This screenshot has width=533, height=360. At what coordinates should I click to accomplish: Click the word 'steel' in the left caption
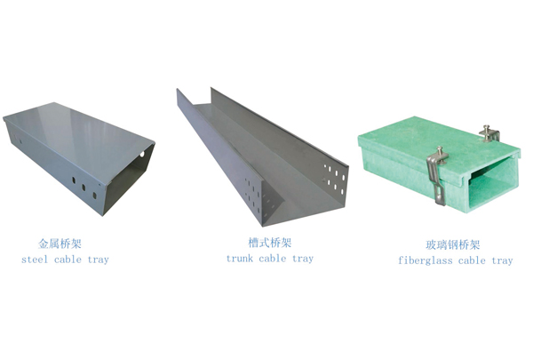click(x=35, y=260)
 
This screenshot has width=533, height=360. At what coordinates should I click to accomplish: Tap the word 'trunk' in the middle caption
click(x=240, y=259)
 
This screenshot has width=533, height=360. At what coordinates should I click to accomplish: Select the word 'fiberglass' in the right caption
click(x=425, y=260)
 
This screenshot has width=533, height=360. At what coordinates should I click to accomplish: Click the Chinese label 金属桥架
click(x=60, y=244)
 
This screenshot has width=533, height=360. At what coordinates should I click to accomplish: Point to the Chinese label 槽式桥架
click(x=269, y=243)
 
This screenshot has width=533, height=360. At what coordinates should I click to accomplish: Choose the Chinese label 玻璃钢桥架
click(x=452, y=244)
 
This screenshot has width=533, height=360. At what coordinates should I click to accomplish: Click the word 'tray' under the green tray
click(x=502, y=261)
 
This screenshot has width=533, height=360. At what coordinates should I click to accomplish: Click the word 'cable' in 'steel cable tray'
click(x=68, y=260)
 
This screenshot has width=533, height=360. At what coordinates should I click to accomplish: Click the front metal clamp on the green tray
click(x=437, y=175)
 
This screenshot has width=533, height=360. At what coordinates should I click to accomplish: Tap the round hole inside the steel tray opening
click(x=142, y=154)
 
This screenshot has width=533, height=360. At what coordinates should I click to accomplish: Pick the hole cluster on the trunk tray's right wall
click(x=335, y=180)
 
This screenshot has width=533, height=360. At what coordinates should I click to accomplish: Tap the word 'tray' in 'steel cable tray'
click(x=99, y=260)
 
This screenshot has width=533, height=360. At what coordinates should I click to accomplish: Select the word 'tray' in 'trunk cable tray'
click(x=303, y=259)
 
